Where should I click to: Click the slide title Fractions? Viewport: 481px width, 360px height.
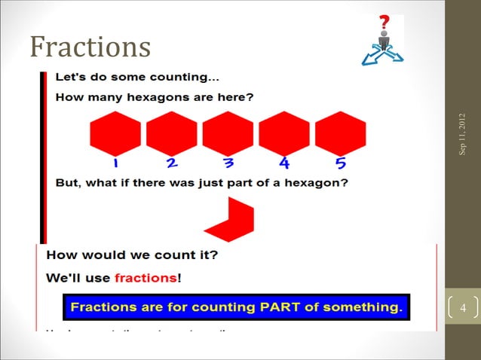pos(90,47)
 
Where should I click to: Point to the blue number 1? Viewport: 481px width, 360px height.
pos(116,163)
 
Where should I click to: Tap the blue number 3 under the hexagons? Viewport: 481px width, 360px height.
pos(228,163)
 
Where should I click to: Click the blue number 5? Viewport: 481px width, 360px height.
pos(340,163)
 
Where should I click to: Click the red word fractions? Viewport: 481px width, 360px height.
pos(145,278)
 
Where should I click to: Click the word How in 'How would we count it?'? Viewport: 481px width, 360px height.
pos(61,255)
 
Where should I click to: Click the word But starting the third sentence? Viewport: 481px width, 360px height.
pos(71,183)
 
